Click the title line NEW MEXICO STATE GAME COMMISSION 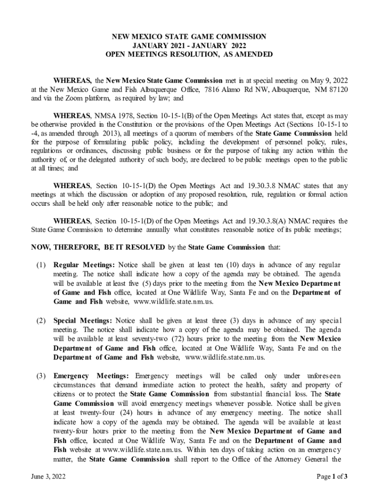(189, 37)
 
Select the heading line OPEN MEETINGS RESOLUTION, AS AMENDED (189, 55)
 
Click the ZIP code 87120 (337, 89)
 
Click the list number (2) (41, 321)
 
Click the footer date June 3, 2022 (48, 476)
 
